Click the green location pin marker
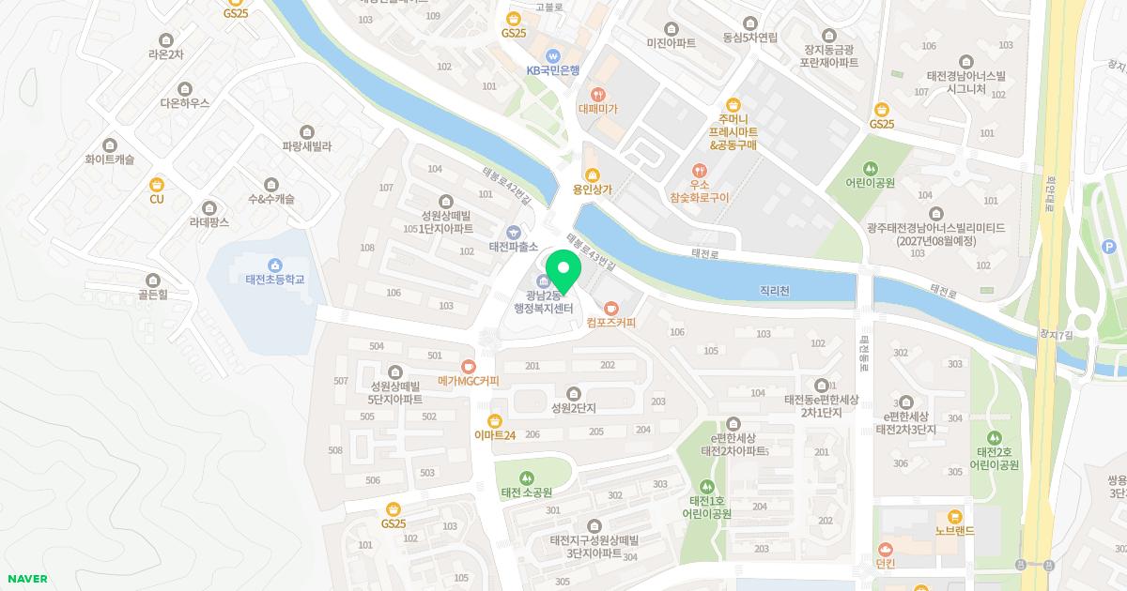(x=562, y=270)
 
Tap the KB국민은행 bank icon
(x=553, y=54)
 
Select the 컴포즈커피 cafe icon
(x=611, y=308)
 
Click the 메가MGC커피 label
(x=469, y=381)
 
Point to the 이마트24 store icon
(x=495, y=419)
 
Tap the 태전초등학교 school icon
(x=275, y=265)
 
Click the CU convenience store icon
(x=157, y=184)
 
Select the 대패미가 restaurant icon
(x=598, y=94)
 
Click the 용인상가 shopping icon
(x=592, y=174)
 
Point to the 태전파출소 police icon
(x=513, y=232)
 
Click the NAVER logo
(x=27, y=579)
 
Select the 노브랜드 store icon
(x=955, y=517)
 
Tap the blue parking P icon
(x=1108, y=246)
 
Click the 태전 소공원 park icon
(x=526, y=477)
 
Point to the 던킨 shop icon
(x=886, y=549)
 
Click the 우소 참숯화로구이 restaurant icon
(x=699, y=171)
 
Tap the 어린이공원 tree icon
(x=870, y=168)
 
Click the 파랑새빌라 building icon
(x=306, y=131)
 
